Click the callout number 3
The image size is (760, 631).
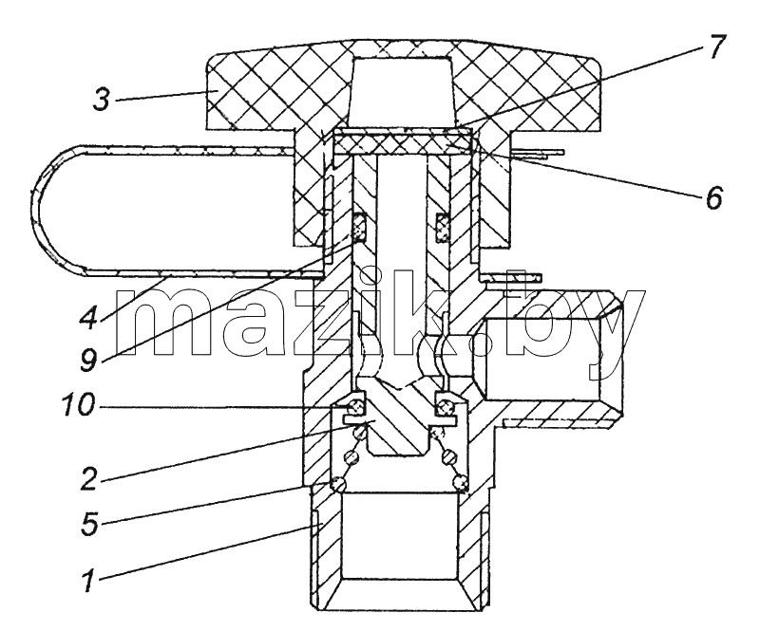pos(102,100)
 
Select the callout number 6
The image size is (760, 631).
pos(713,197)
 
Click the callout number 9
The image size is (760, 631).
pos(89,361)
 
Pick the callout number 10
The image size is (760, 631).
pos(78,405)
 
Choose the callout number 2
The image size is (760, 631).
pos(89,478)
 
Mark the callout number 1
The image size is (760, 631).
pos(88,581)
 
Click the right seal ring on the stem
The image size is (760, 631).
pos(443,227)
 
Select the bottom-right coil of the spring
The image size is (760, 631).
pos(461,482)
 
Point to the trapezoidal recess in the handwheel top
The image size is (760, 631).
pos(402,88)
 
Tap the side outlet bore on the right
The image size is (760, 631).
pos(542,359)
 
